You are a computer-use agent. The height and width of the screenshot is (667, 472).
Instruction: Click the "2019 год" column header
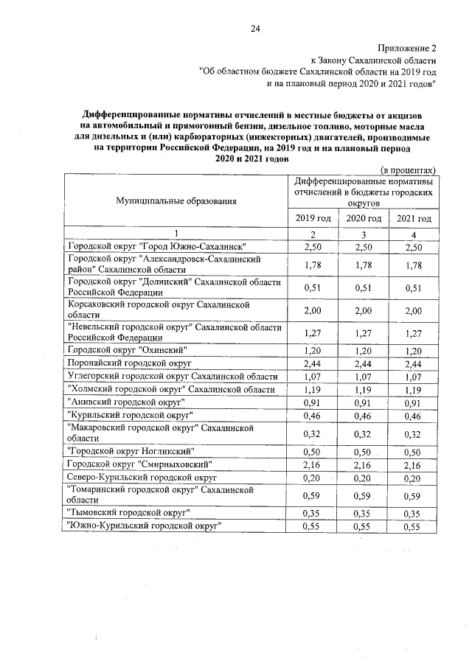click(313, 219)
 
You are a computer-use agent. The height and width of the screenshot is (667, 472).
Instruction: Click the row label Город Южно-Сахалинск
click(156, 246)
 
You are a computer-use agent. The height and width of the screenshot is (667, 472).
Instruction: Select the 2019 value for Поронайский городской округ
click(313, 363)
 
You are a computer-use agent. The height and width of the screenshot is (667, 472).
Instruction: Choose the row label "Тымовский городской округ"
click(130, 511)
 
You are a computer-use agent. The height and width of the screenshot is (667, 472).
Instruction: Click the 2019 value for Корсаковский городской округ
click(313, 311)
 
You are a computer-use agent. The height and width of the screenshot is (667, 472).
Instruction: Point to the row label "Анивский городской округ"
click(125, 402)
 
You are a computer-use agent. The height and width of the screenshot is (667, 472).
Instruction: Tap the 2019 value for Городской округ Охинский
click(313, 350)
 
